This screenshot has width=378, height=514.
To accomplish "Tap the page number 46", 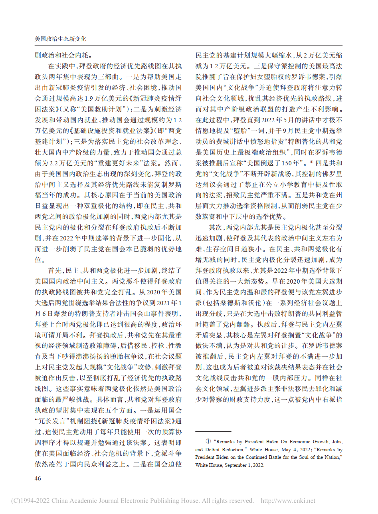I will (39, 478).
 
